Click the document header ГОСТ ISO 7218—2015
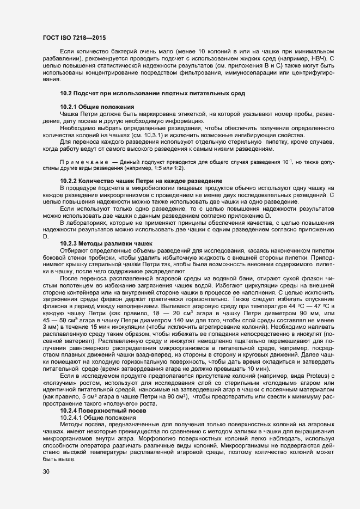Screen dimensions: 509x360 tap(73, 38)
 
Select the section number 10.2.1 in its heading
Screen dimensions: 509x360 tap(68, 106)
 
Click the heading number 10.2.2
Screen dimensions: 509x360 tap(68, 180)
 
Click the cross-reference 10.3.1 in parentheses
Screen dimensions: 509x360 tap(154, 134)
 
